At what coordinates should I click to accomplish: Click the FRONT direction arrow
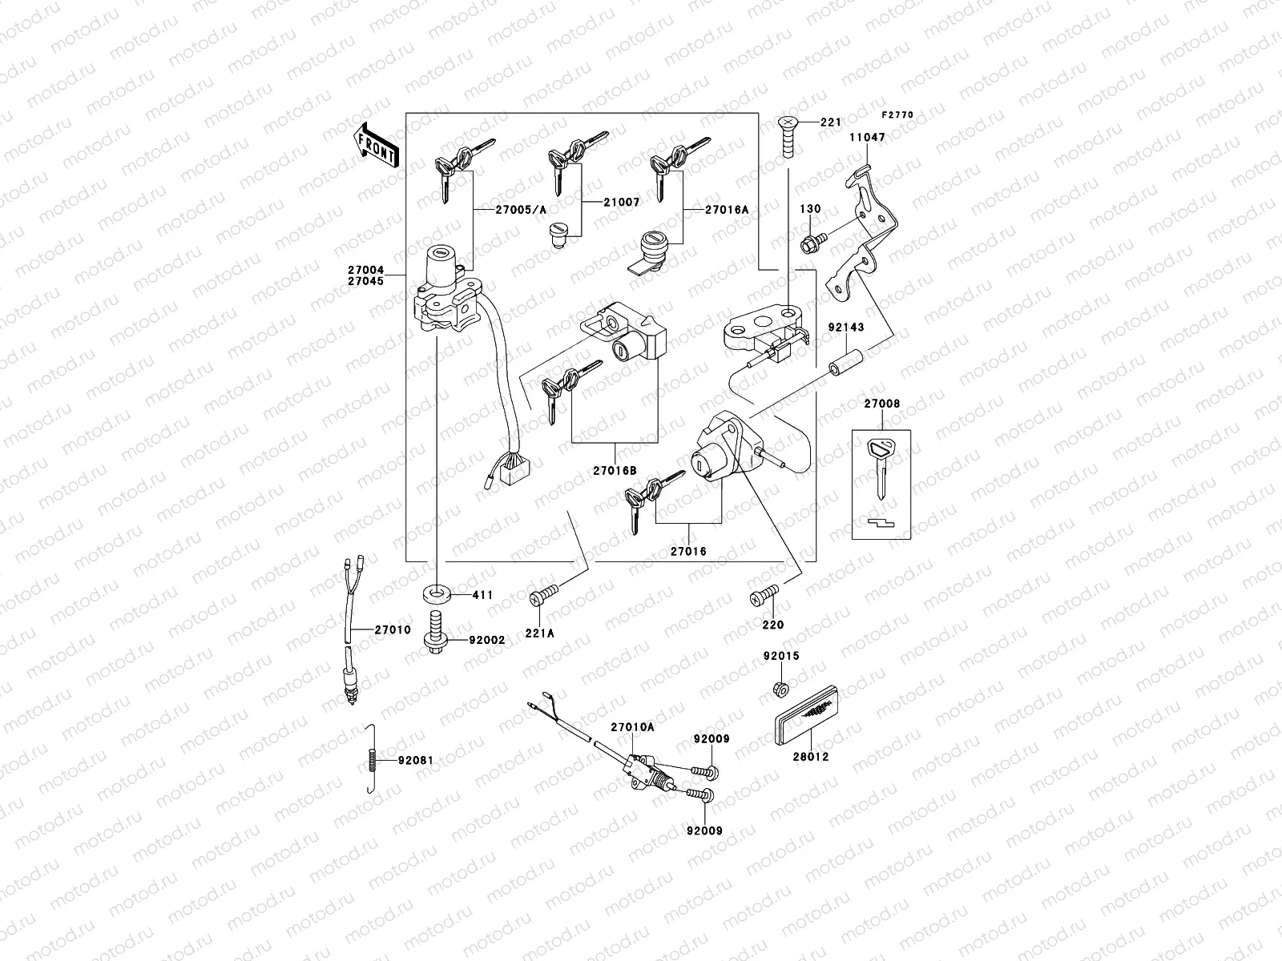coord(376,145)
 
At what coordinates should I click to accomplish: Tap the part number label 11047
coord(867,138)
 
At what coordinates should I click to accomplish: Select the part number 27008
coord(881,404)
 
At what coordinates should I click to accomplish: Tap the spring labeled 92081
coord(369,759)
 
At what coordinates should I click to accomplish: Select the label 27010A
coord(632,727)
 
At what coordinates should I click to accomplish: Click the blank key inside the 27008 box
coord(880,464)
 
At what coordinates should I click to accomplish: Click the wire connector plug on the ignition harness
coord(509,468)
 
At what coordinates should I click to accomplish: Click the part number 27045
coord(366,281)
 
